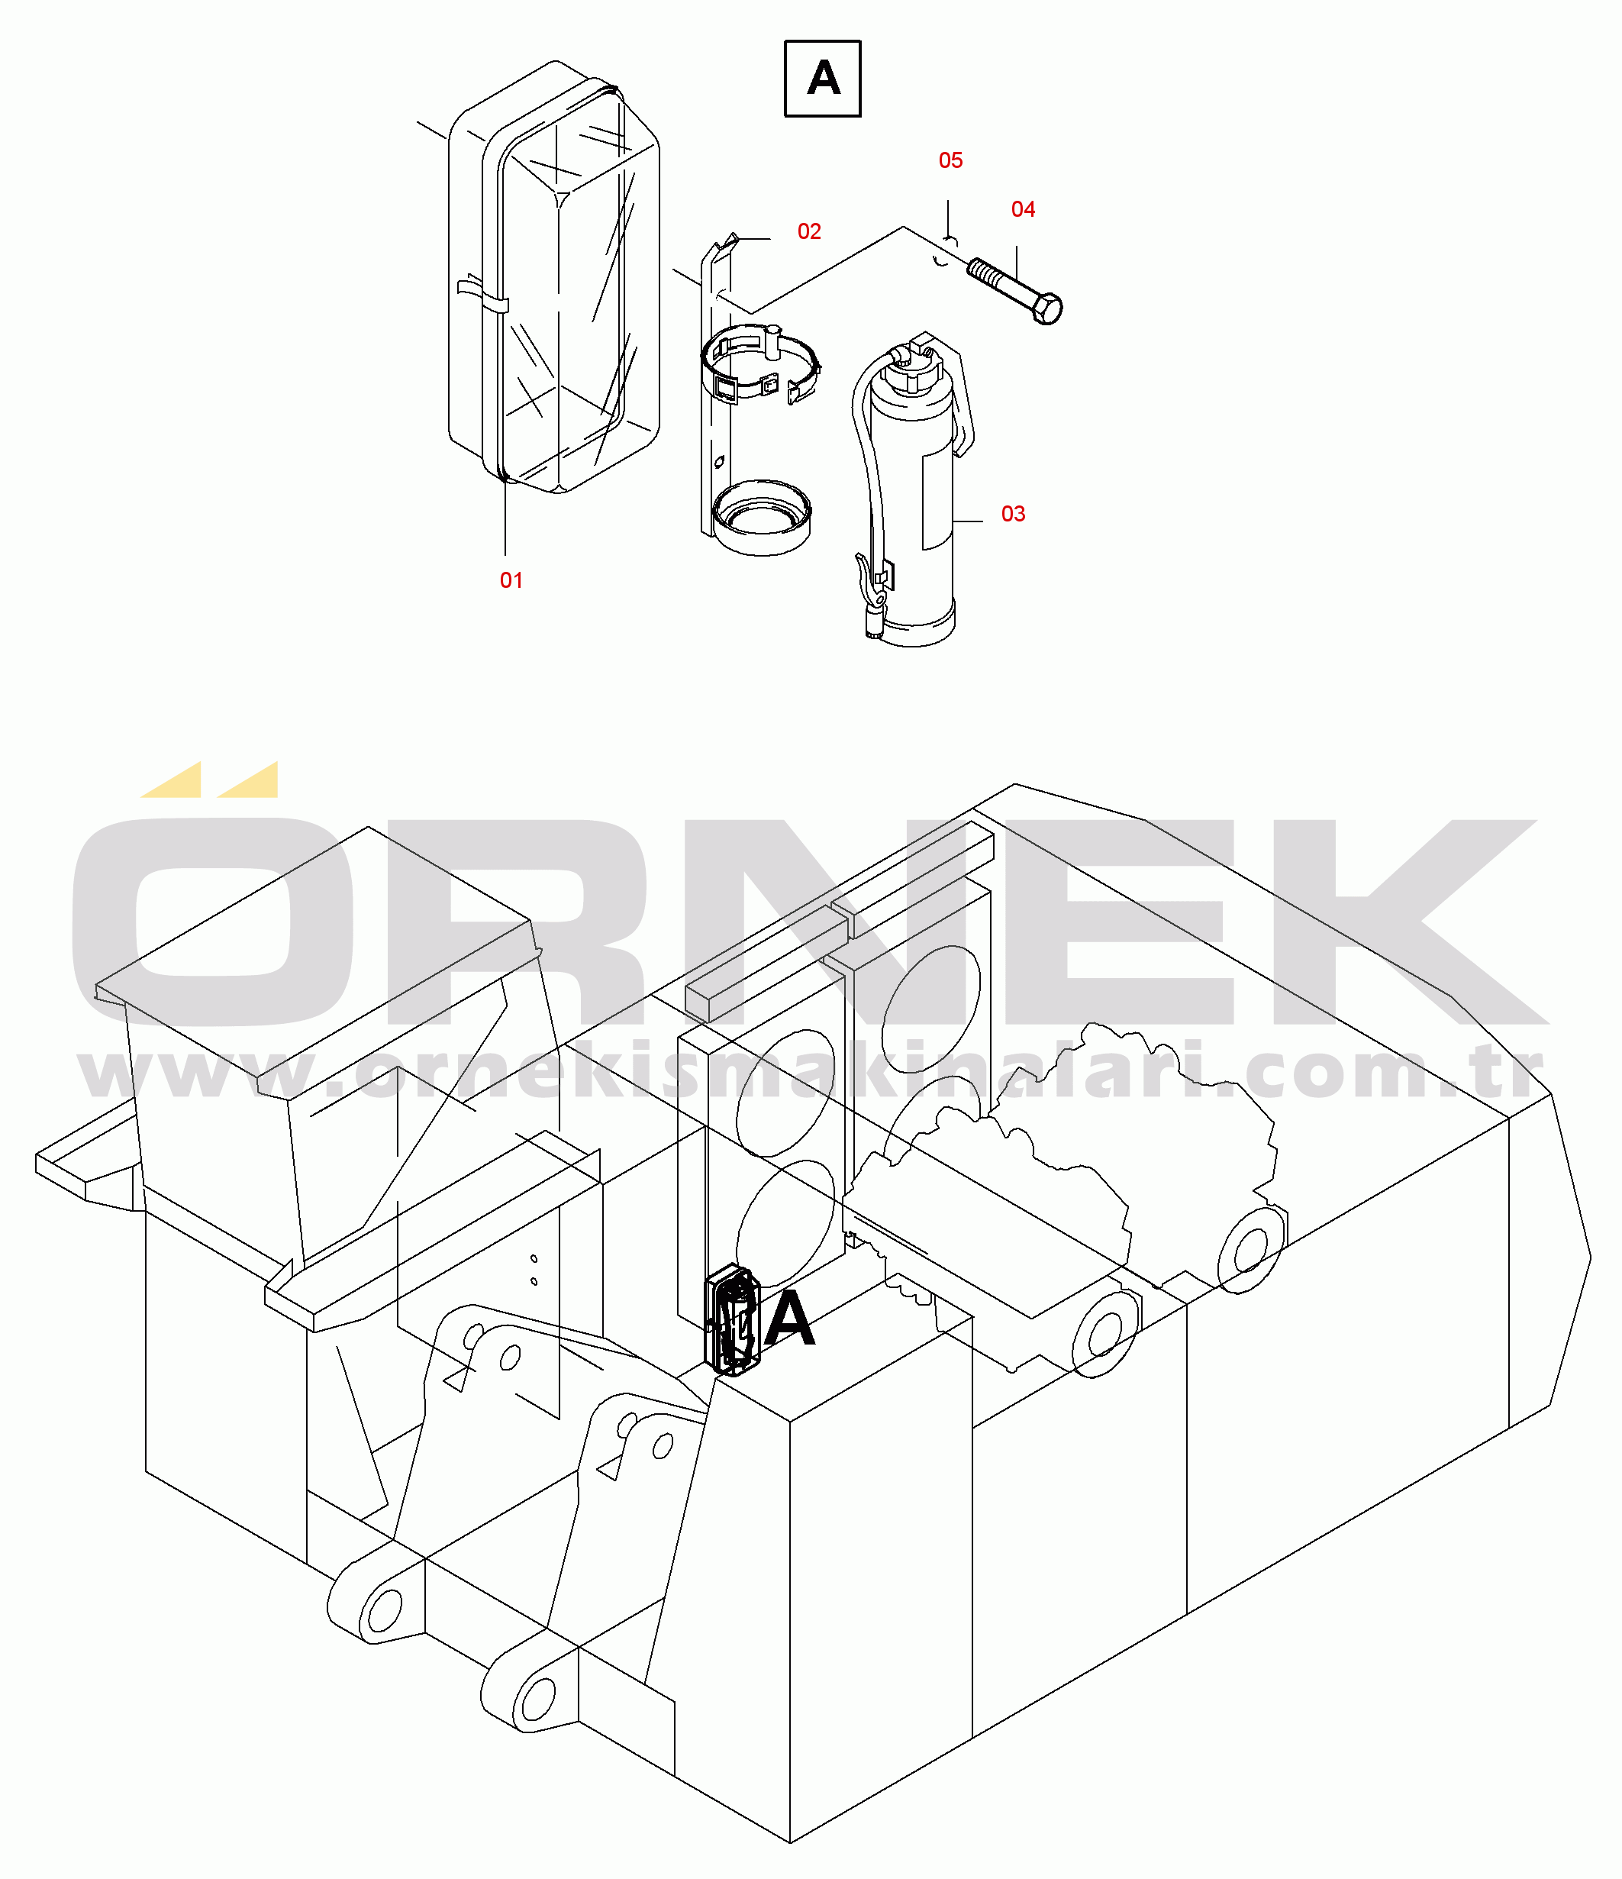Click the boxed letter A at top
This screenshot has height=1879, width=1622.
[x=822, y=78]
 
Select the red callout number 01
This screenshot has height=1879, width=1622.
[x=511, y=580]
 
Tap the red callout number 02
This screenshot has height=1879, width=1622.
[x=809, y=231]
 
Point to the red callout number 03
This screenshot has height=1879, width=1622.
[x=1013, y=514]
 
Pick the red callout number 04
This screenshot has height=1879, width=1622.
[x=1023, y=209]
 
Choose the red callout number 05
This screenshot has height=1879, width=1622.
[x=950, y=160]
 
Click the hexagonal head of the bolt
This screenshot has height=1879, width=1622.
[x=1046, y=308]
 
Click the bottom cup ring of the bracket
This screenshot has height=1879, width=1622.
[x=762, y=517]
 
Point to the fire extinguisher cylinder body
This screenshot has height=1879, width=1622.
[x=911, y=508]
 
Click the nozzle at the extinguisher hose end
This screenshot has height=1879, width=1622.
[x=874, y=622]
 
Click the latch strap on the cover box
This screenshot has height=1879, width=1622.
[x=482, y=295]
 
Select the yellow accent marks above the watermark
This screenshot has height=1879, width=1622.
[x=209, y=780]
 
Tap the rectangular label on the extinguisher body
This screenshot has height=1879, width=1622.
[x=937, y=502]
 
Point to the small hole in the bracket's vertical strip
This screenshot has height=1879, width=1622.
[x=720, y=463]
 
